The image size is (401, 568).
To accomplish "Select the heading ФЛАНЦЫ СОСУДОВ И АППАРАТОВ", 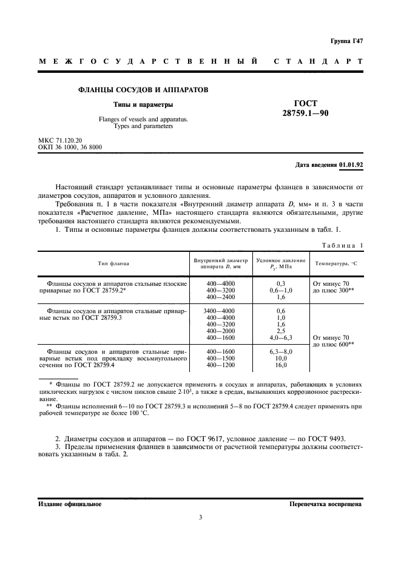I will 143,90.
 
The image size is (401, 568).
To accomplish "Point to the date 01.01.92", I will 351,164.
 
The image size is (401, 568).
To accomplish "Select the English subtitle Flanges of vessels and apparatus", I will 143,120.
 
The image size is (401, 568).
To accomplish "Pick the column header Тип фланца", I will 113,263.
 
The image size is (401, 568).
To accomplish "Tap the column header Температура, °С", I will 337,263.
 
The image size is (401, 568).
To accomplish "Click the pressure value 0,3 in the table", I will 281,283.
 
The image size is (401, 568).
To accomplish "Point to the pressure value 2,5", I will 281,331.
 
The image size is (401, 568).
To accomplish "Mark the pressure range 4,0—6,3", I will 281,337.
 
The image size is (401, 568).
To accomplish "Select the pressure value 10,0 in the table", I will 281,358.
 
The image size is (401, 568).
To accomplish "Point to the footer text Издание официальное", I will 70,504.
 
